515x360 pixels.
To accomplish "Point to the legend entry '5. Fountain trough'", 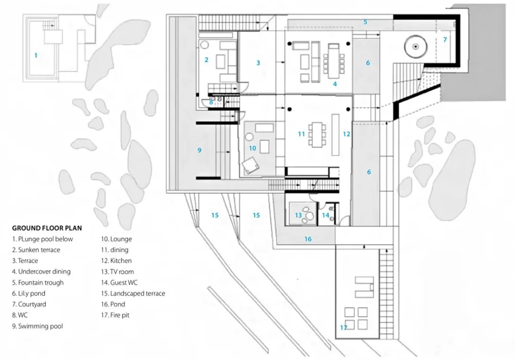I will pyautogui.click(x=39, y=282).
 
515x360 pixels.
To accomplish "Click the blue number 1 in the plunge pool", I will pyautogui.click(x=36, y=55).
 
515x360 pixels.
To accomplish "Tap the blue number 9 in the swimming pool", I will pyautogui.click(x=199, y=150).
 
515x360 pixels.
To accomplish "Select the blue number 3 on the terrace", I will pyautogui.click(x=259, y=63).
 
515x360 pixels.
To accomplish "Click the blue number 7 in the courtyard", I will pyautogui.click(x=445, y=40).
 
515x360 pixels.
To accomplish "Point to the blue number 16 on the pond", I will pyautogui.click(x=308, y=239).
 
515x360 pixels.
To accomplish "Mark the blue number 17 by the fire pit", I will pyautogui.click(x=344, y=328).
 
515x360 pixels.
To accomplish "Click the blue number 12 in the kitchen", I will pyautogui.click(x=347, y=134).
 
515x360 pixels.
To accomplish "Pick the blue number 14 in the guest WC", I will pyautogui.click(x=325, y=215).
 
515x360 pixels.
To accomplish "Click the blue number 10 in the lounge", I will pyautogui.click(x=252, y=148).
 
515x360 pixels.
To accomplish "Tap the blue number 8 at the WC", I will pyautogui.click(x=211, y=102).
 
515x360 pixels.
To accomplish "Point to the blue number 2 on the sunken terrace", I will pyautogui.click(x=206, y=60).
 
